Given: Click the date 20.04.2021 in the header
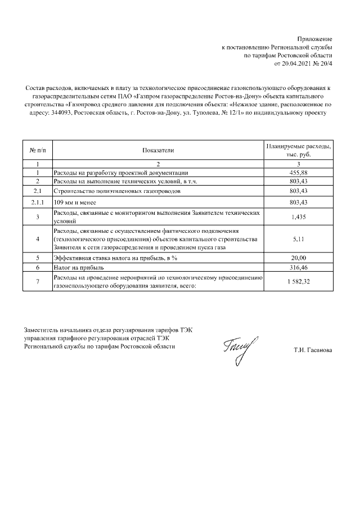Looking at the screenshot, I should pyautogui.click(x=296, y=65).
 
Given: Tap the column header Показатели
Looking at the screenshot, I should pyautogui.click(x=158, y=150).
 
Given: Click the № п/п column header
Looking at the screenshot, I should pyautogui.click(x=37, y=150).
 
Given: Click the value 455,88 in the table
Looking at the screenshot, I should pyautogui.click(x=298, y=173).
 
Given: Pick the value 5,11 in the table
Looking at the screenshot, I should pyautogui.click(x=298, y=239).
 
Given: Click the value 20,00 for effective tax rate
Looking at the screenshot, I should pyautogui.click(x=298, y=258).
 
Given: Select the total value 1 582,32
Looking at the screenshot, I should pyautogui.click(x=298, y=282).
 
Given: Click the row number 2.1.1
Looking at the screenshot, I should pyautogui.click(x=37, y=202).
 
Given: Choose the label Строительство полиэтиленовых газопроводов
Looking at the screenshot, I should pyautogui.click(x=117, y=191).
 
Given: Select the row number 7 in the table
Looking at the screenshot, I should pyautogui.click(x=37, y=282).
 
